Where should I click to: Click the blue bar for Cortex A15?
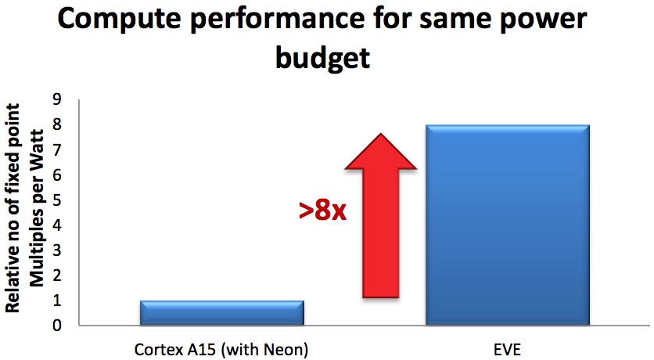click(222, 312)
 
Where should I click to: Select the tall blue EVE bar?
click(508, 225)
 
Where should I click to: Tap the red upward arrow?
click(381, 215)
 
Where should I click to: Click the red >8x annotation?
click(322, 211)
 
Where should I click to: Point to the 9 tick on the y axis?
click(57, 99)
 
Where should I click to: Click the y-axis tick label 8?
click(57, 124)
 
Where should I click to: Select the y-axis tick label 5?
click(57, 200)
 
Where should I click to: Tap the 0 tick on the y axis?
click(57, 326)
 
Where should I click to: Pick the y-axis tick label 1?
click(57, 301)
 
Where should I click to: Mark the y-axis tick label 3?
click(57, 250)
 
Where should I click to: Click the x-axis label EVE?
click(508, 350)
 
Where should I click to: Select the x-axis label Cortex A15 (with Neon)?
click(221, 350)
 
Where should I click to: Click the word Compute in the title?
click(128, 20)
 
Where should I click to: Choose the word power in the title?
click(542, 20)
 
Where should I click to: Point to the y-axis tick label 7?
click(57, 149)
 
